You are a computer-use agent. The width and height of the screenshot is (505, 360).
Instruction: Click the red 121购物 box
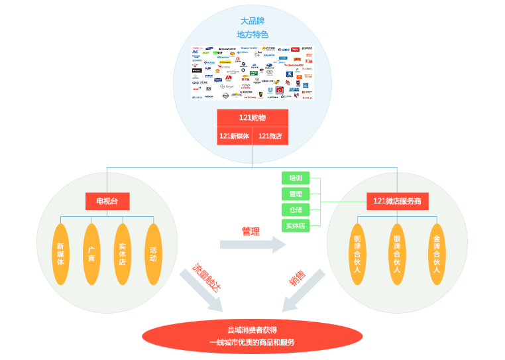coord(252,117)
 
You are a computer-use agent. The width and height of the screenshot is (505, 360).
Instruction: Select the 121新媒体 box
coord(234,136)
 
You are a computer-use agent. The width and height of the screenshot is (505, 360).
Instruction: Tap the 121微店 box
coord(270,136)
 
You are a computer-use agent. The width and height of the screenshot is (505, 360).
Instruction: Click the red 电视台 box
coord(107,201)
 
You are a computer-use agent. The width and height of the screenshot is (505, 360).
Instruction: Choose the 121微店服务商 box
coord(397,201)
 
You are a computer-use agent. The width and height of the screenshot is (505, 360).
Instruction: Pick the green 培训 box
coord(296,178)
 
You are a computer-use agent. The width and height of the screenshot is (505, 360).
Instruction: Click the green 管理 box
coord(296,194)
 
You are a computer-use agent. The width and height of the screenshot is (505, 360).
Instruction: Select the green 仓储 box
coord(296,210)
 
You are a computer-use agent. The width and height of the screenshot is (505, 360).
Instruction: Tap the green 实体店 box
coord(296,225)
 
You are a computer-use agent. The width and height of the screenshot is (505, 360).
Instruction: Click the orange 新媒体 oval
coord(61,254)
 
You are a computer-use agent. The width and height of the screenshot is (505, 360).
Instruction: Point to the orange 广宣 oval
coord(91,254)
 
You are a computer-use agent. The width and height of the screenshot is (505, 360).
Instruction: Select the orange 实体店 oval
coord(123,254)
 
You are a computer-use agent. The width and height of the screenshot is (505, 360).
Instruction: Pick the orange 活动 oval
coord(153,254)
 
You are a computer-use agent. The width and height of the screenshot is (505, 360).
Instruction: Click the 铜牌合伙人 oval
coord(357,254)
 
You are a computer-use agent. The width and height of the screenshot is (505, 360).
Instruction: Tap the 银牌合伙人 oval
coord(397,254)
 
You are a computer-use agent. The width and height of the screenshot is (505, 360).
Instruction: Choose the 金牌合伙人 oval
coord(436,254)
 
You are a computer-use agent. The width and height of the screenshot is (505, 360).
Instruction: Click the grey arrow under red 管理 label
coord(252,245)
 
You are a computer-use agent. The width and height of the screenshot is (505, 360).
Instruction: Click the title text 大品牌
coord(252,21)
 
